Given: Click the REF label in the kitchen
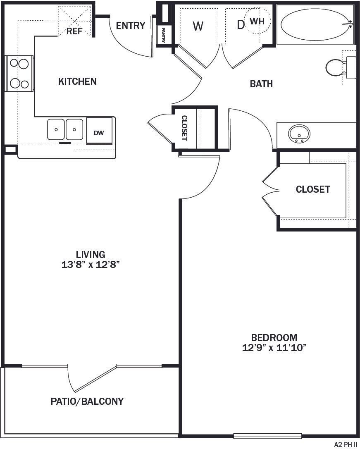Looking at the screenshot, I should (75, 31).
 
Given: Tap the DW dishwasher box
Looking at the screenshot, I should (99, 133).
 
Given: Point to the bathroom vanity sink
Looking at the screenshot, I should (300, 134).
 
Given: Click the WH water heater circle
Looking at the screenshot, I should (257, 21).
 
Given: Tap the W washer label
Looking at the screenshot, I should (198, 26).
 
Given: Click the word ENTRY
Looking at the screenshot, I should (131, 26).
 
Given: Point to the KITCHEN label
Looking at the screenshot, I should (77, 81).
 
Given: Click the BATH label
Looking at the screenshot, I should (261, 84).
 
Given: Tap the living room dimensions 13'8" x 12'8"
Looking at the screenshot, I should (91, 265).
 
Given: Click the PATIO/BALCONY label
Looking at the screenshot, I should (87, 401).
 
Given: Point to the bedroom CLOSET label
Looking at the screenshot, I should (313, 189).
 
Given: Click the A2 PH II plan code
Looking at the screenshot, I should (345, 444).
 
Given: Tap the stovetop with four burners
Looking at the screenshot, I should (19, 74).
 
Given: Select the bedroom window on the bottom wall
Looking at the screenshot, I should (267, 435).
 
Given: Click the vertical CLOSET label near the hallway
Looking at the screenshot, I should (184, 128).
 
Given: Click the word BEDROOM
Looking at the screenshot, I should (274, 337).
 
